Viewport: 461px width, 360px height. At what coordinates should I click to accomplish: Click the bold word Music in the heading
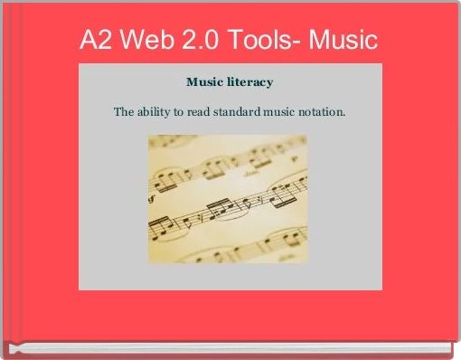[x=203, y=82]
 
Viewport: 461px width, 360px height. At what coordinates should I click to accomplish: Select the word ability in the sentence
[x=155, y=113]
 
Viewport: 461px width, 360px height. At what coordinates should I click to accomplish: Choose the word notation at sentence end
[x=322, y=113]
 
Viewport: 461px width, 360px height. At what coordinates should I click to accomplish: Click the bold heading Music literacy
[x=229, y=82]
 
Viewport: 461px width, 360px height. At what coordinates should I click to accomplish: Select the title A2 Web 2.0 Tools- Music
[x=229, y=41]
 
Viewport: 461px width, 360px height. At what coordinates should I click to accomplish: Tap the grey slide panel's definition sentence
[x=229, y=113]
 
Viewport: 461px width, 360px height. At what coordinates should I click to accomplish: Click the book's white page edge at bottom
[x=226, y=348]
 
